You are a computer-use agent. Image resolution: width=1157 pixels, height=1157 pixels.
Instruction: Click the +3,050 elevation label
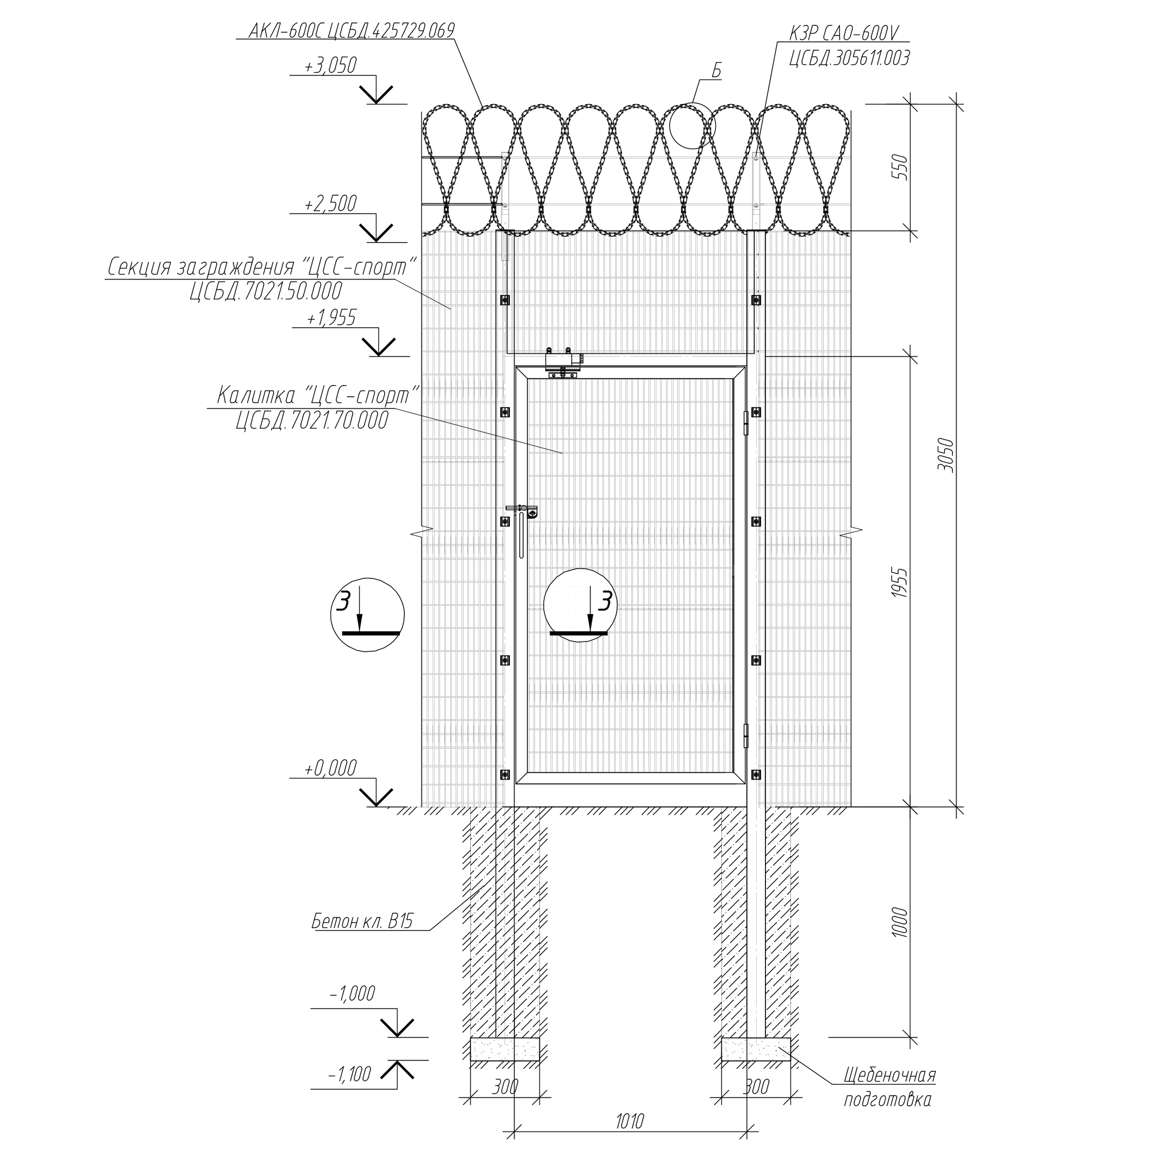pyautogui.click(x=330, y=65)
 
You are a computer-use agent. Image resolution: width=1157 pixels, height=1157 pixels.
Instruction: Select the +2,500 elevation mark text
pyautogui.click(x=330, y=204)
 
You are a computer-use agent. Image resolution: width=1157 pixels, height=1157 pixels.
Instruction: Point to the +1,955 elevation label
pyautogui.click(x=331, y=317)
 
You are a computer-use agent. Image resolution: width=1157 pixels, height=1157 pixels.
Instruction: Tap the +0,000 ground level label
pyautogui.click(x=330, y=768)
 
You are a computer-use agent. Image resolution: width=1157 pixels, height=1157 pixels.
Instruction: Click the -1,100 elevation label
pyautogui.click(x=350, y=1074)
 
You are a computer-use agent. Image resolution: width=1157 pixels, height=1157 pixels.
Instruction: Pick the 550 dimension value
pyautogui.click(x=900, y=168)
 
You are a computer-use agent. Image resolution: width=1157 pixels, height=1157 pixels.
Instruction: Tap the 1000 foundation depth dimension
pyautogui.click(x=900, y=923)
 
